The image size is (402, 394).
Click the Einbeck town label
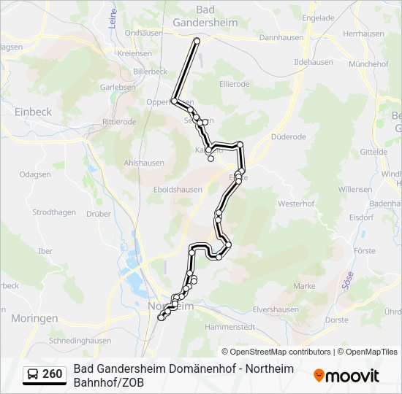(x=33, y=112)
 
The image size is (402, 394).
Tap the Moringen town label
(x=34, y=319)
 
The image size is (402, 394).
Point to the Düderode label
(x=288, y=136)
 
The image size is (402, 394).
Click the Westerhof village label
(x=295, y=204)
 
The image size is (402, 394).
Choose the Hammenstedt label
(x=230, y=326)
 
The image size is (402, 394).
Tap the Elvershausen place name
(x=276, y=309)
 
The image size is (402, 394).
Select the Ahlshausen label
(x=142, y=163)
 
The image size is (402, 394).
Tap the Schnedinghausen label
(x=79, y=341)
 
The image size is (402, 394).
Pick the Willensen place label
(x=354, y=189)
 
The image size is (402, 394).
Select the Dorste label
(x=336, y=320)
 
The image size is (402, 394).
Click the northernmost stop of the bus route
(x=197, y=41)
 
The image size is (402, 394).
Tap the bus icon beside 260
(x=34, y=374)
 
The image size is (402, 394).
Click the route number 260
(x=53, y=374)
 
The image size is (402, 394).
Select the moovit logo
(x=346, y=376)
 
